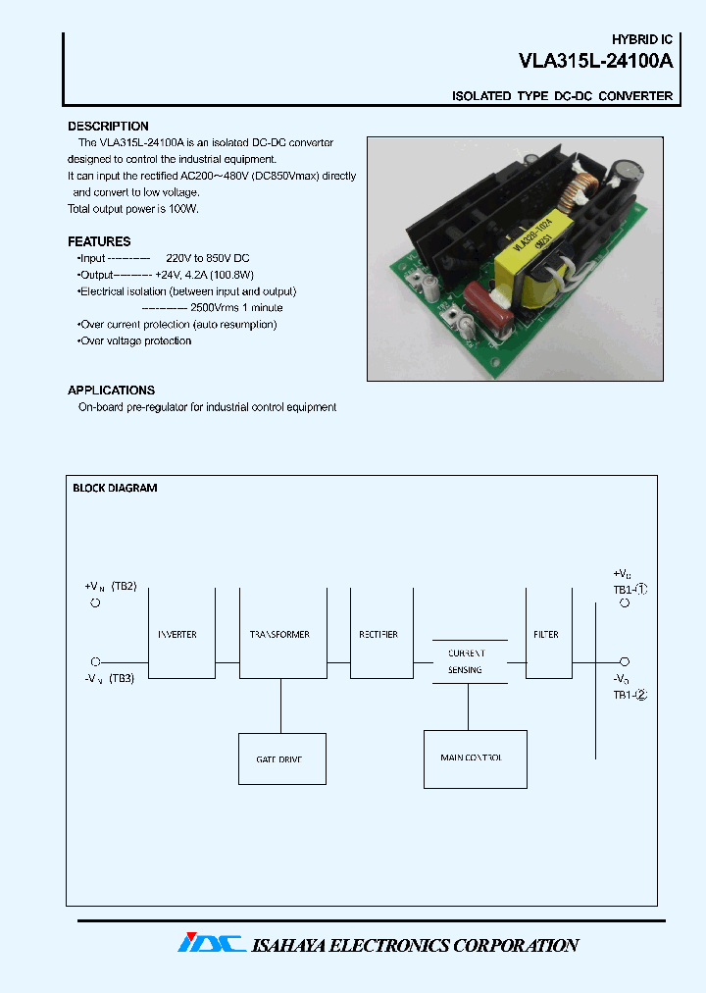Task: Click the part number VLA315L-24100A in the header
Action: pyautogui.click(x=595, y=62)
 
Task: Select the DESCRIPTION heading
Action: pyautogui.click(x=108, y=127)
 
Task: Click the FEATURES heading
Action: pyautogui.click(x=99, y=241)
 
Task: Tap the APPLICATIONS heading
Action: pyautogui.click(x=111, y=391)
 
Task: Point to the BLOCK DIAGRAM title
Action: pyautogui.click(x=115, y=488)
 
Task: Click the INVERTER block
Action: pyautogui.click(x=181, y=634)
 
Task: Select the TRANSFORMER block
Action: pyautogui.click(x=282, y=634)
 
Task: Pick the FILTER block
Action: pyautogui.click(x=547, y=634)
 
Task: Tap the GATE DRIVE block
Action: pyautogui.click(x=282, y=758)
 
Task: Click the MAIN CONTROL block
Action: pyautogui.click(x=475, y=758)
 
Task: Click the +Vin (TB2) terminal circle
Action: pyautogui.click(x=95, y=603)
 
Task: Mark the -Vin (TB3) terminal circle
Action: pyautogui.click(x=95, y=662)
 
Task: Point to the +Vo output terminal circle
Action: pyautogui.click(x=625, y=604)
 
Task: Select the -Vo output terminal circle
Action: pyautogui.click(x=625, y=662)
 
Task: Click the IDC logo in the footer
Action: pyautogui.click(x=211, y=943)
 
